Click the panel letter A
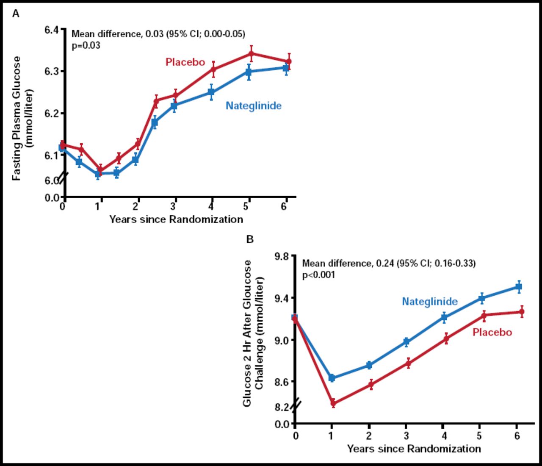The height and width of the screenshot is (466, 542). click(x=16, y=14)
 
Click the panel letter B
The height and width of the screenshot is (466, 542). click(x=250, y=239)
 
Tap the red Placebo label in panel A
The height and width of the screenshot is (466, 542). click(x=185, y=62)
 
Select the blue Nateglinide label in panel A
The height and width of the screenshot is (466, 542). click(x=253, y=106)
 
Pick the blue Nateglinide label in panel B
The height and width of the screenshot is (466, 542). click(x=429, y=302)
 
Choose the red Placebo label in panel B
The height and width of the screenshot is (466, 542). click(x=492, y=333)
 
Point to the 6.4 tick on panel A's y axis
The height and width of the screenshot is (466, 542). click(x=53, y=30)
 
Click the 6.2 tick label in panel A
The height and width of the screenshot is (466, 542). click(x=53, y=114)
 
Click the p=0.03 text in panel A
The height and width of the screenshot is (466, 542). click(x=86, y=45)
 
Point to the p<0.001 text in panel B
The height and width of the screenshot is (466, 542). click(x=318, y=275)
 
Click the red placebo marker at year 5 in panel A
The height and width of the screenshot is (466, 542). click(x=251, y=54)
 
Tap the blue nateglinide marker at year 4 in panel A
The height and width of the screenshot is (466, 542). click(x=211, y=92)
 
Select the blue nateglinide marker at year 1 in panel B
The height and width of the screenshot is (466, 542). click(x=332, y=378)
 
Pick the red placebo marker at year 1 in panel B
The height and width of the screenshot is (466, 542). click(x=333, y=403)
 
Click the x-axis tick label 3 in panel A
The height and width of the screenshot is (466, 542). click(x=173, y=206)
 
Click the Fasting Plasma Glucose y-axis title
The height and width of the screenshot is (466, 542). click(x=17, y=119)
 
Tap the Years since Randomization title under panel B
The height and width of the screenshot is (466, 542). click(x=414, y=449)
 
